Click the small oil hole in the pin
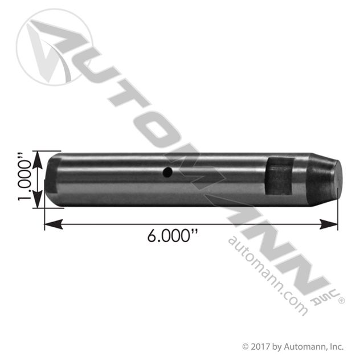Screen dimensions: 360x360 pyautogui.click(x=166, y=172)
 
